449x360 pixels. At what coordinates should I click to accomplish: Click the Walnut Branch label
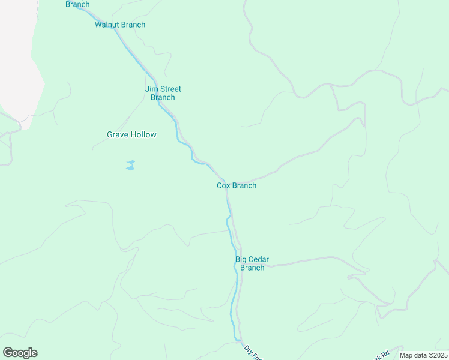tap(120, 25)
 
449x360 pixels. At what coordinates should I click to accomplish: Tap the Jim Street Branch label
tap(163, 93)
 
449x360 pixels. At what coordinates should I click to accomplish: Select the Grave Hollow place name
tap(131, 134)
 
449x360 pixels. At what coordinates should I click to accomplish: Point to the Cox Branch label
tap(237, 185)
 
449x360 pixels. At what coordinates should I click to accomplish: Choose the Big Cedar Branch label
tap(252, 263)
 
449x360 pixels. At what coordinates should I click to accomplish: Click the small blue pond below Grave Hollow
tap(130, 166)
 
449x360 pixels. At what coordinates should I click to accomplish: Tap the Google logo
tap(20, 353)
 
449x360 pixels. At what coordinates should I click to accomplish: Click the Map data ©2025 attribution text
tap(423, 355)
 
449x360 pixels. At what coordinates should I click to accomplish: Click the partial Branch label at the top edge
tap(77, 4)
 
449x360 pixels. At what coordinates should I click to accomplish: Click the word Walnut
tap(107, 25)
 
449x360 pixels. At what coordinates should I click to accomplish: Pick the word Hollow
tap(144, 134)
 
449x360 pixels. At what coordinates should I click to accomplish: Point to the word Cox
tap(224, 185)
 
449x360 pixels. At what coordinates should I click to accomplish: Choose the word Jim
tap(151, 89)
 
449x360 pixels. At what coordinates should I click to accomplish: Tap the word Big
tap(241, 259)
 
